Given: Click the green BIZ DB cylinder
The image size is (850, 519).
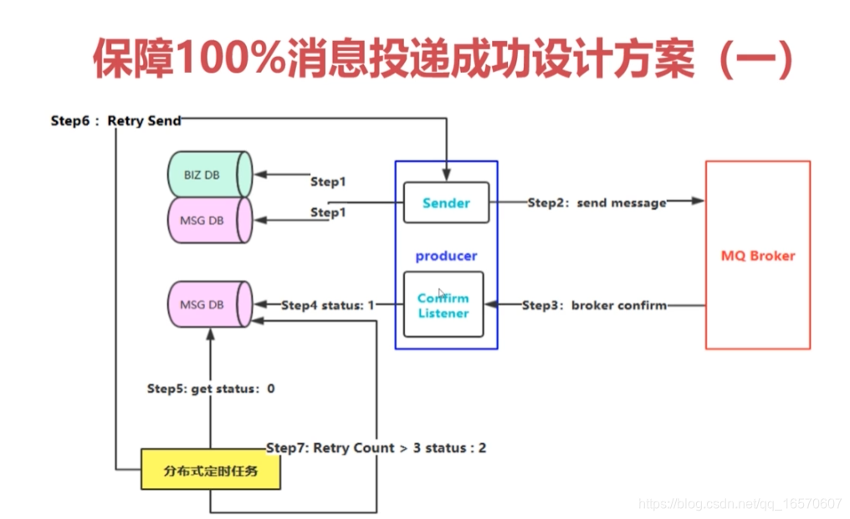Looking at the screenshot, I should coord(209,175).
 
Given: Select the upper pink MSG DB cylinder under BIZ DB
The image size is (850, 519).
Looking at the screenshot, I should coord(209,221).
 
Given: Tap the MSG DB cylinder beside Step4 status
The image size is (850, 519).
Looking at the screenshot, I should coord(209,305).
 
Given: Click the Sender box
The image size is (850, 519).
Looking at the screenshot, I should coord(446,203).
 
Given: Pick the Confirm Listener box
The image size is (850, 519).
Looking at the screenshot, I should coord(443,306).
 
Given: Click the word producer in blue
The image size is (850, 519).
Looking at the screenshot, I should coord(446,256).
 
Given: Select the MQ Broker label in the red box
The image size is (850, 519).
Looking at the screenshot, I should coord(758,256).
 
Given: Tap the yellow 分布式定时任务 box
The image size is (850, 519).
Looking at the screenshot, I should coord(210,471).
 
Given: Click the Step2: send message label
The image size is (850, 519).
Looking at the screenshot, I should coord(597,203).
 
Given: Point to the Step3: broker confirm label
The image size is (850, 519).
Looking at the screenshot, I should coord(594,306).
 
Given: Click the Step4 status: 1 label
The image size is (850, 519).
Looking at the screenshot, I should coord(327,306).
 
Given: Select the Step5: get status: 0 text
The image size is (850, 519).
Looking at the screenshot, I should coord(211,389).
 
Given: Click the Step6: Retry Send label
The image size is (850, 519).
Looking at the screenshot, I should coord(115,121).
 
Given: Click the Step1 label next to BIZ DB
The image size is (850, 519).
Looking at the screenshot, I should coord(327,181).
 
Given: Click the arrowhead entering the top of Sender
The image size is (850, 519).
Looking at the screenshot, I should coord(446,176).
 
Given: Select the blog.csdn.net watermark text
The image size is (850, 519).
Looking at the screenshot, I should coord(740,504).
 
